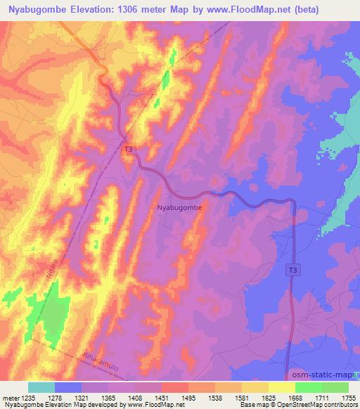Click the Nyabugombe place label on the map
pyautogui.click(x=179, y=208)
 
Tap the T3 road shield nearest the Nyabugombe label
pyautogui.click(x=128, y=150)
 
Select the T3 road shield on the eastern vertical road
pyautogui.click(x=292, y=270)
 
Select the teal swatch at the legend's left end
pyautogui.click(x=41, y=387)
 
